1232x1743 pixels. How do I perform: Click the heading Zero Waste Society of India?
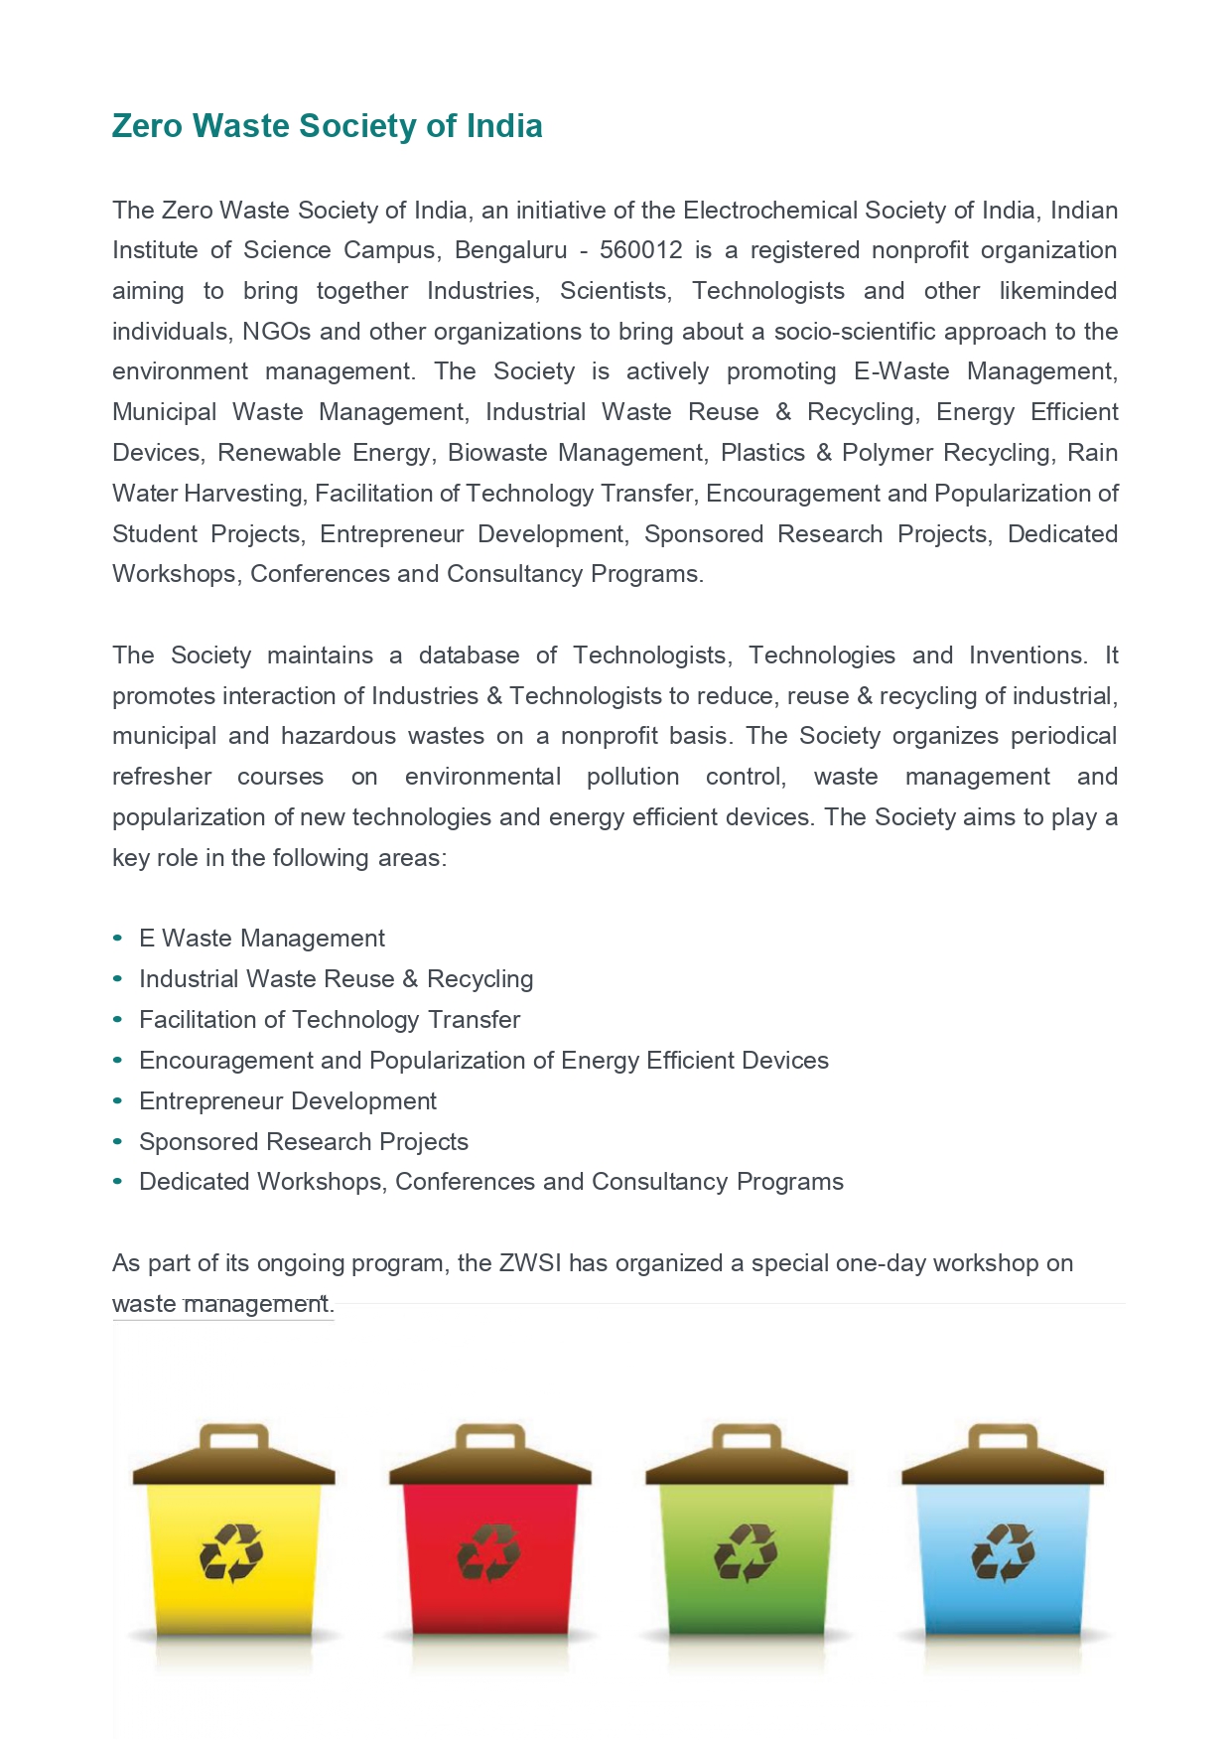[327, 126]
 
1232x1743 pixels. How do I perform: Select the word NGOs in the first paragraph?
[276, 332]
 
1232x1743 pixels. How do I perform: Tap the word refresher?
[162, 777]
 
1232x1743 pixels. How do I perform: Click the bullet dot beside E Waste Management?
[118, 938]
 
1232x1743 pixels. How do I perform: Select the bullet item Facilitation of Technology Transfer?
[330, 1020]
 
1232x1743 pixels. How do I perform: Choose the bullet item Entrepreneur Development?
[288, 1101]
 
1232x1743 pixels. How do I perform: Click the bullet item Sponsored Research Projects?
[304, 1142]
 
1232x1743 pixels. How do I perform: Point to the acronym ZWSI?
[529, 1263]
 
